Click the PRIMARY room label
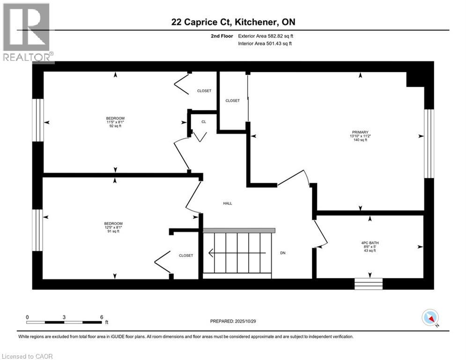click(x=361, y=132)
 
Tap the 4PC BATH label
click(x=370, y=243)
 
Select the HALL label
click(x=227, y=203)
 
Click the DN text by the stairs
click(x=283, y=253)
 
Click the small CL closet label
click(x=204, y=121)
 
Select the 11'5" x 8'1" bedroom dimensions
click(x=115, y=122)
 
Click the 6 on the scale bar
click(x=102, y=317)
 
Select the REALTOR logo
click(x=27, y=32)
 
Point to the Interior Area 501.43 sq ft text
click(x=265, y=44)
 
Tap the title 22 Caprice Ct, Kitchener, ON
click(x=233, y=22)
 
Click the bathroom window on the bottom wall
click(x=368, y=284)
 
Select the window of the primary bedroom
click(x=429, y=143)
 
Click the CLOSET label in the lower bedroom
click(x=186, y=255)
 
